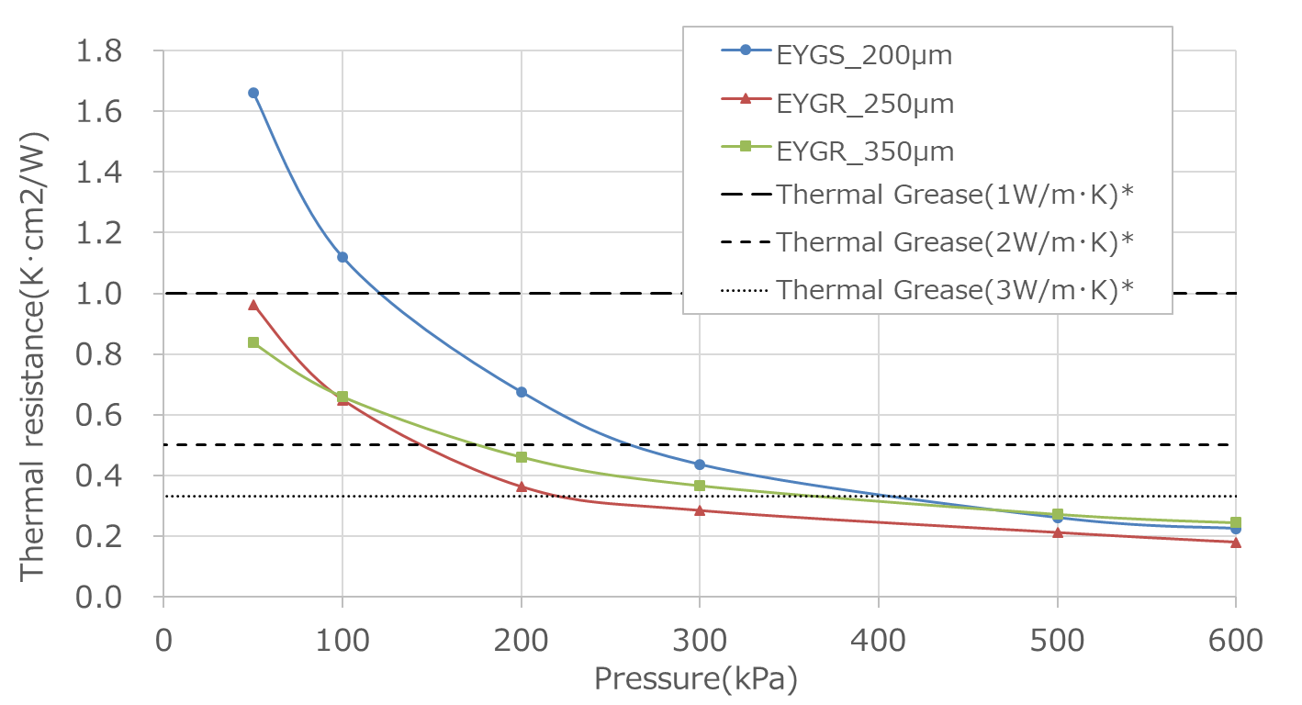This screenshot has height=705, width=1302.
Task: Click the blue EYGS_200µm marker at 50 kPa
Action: [x=253, y=93]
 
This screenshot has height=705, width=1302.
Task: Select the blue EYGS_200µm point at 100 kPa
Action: [x=342, y=257]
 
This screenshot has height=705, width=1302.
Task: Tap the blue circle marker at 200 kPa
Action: [x=522, y=392]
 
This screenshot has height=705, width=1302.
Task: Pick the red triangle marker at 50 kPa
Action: [x=253, y=305]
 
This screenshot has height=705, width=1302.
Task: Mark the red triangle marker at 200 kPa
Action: [x=522, y=487]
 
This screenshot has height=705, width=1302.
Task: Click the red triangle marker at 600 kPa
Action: [x=1236, y=542]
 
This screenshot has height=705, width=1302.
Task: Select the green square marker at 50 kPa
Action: [x=253, y=342]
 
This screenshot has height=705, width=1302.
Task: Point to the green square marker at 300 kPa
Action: [x=700, y=486]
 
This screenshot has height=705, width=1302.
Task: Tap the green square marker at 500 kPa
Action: [x=1058, y=514]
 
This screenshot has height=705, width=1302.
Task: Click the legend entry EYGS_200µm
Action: [x=864, y=56]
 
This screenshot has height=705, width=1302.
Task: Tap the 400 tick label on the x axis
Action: [x=879, y=639]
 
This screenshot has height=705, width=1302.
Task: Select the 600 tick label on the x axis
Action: [x=1236, y=639]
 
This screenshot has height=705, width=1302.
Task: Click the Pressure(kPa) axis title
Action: [x=695, y=679]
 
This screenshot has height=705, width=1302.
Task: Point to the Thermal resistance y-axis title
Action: [x=34, y=353]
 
